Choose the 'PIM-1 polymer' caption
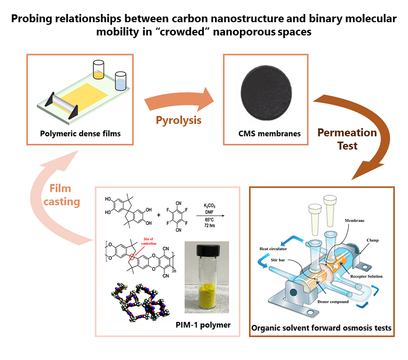click(200, 324)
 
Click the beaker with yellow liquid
click(98, 70)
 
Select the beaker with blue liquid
click(121, 80)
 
